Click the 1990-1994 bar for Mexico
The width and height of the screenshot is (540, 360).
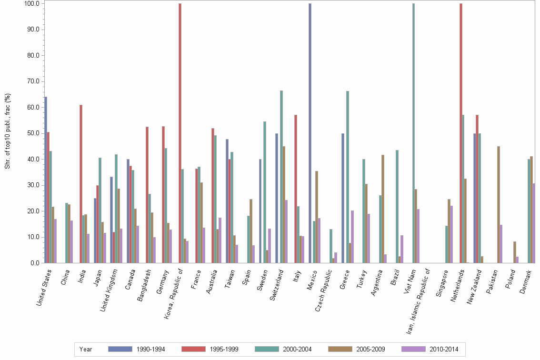click(x=310, y=133)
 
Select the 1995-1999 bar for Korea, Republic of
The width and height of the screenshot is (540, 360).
click(x=180, y=133)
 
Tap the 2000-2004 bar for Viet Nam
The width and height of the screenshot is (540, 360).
click(x=413, y=133)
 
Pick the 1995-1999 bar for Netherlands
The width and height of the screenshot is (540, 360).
click(x=461, y=133)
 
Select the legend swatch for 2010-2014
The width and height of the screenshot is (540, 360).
click(x=414, y=349)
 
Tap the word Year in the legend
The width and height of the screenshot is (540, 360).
click(x=86, y=349)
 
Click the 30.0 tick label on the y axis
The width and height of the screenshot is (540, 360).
click(x=30, y=185)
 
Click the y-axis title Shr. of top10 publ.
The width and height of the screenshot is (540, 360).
click(x=7, y=131)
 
